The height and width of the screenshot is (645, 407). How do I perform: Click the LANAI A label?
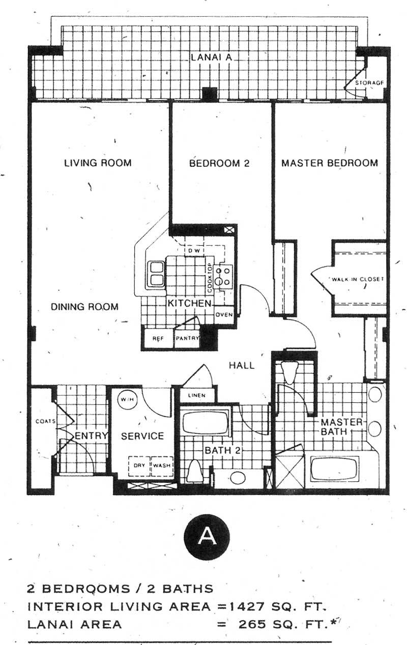212,57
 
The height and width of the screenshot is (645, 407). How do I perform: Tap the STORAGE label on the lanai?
369,83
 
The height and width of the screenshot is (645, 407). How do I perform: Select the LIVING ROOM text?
98,163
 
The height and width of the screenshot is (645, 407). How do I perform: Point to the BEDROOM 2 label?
219,163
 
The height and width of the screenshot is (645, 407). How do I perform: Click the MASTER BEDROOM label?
330,163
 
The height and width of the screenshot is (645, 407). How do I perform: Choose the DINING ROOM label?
84,307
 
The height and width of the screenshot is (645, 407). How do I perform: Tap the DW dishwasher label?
194,250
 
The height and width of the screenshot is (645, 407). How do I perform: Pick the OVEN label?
224,314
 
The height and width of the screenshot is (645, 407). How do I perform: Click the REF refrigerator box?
158,338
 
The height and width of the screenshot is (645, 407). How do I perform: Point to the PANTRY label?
188,338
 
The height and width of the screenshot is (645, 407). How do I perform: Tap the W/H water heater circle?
128,399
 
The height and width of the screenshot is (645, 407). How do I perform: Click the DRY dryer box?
139,465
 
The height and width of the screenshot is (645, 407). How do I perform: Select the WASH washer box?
162,465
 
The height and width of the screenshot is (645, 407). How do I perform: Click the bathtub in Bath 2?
206,422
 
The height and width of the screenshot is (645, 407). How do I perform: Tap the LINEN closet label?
197,395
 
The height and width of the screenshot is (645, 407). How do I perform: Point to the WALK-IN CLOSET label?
358,279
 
